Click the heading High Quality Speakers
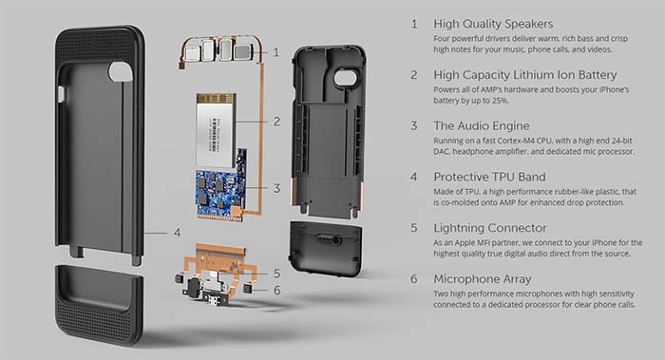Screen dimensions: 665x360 point(493,24)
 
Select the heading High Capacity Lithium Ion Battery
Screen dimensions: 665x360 point(525,75)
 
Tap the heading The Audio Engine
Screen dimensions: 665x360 point(482,126)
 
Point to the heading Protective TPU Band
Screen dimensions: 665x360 point(489,177)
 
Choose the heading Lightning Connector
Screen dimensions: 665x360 point(490,228)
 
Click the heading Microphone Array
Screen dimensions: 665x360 point(483,279)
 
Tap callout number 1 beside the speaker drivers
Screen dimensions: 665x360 point(276,52)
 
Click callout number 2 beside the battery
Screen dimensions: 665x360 point(276,122)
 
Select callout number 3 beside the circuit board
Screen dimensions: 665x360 point(276,188)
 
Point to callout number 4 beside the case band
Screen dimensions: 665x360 point(177,233)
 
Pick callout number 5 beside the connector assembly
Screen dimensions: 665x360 point(276,274)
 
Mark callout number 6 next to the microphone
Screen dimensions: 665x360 point(276,290)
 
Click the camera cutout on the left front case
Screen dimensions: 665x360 point(121,71)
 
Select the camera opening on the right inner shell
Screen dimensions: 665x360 point(346,78)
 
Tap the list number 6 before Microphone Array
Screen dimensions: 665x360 point(414,279)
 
